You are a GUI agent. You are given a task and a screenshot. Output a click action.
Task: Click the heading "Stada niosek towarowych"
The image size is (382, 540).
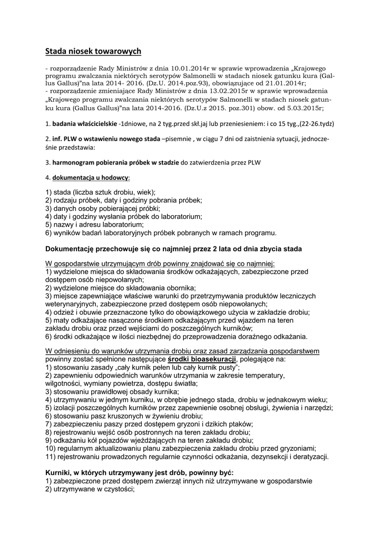click(93, 51)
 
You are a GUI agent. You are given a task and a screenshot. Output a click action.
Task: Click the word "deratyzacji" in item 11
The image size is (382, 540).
click(310, 456)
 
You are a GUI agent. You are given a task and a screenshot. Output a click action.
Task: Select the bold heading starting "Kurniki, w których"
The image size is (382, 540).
click(139, 472)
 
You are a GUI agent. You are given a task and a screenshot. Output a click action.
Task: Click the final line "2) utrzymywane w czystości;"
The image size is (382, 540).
click(90, 489)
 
